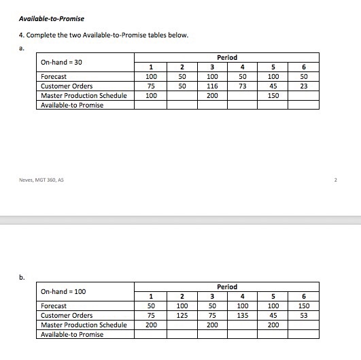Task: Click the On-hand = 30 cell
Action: click(x=61, y=62)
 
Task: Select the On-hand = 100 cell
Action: click(x=62, y=291)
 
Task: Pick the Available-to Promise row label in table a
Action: click(x=72, y=105)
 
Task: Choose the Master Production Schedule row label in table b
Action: click(x=84, y=325)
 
